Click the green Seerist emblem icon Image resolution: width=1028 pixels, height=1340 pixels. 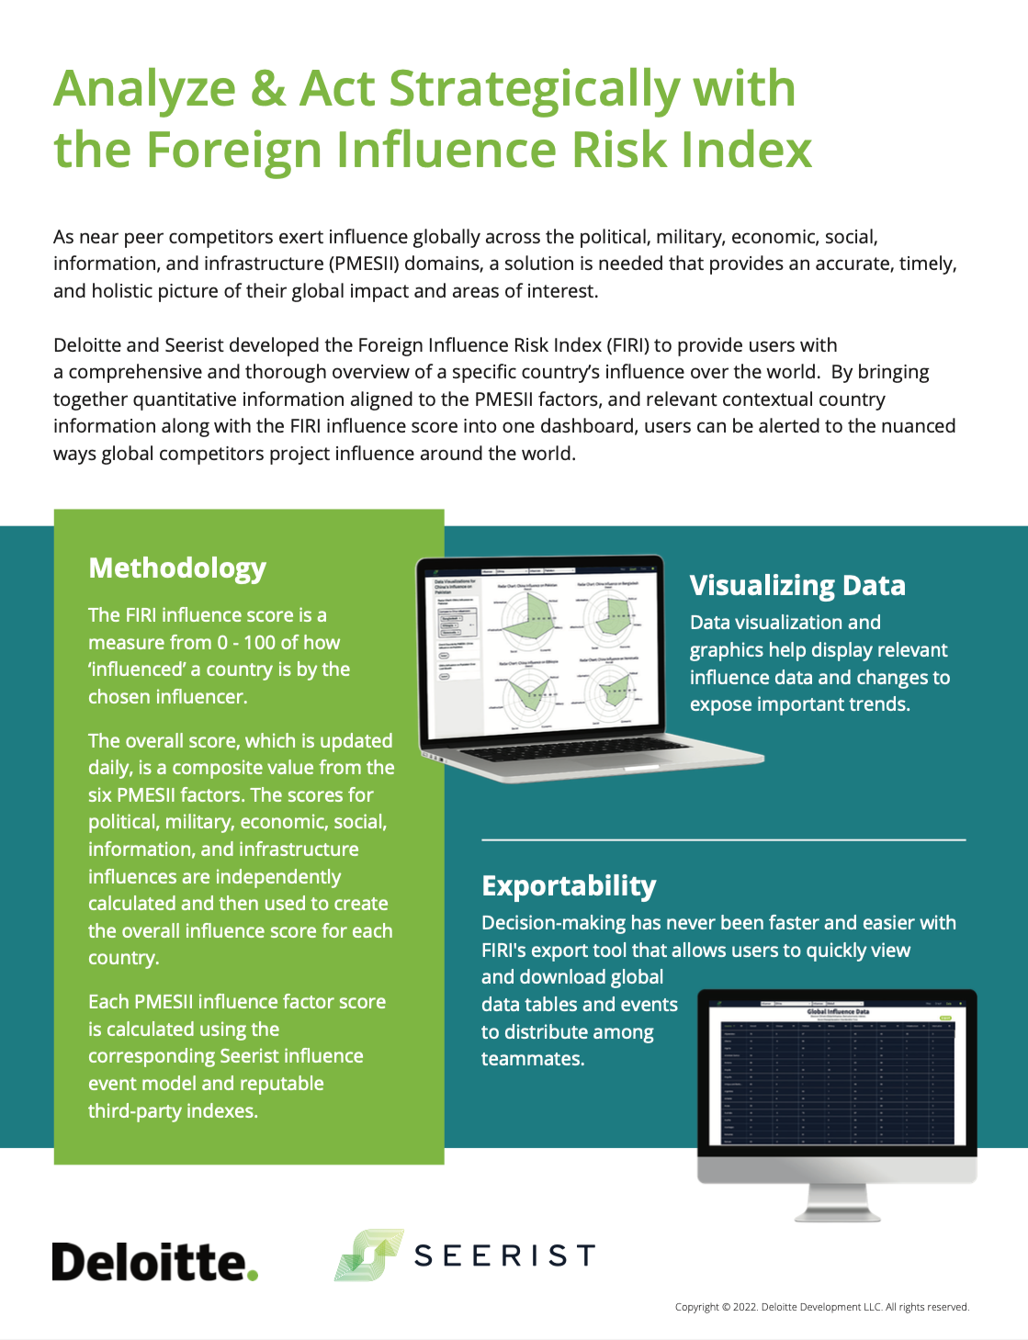tap(368, 1255)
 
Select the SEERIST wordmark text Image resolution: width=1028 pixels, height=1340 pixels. tap(504, 1256)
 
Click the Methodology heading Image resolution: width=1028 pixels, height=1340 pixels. tap(177, 569)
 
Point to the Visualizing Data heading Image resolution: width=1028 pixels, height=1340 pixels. tap(797, 586)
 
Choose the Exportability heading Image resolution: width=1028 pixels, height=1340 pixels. tap(569, 886)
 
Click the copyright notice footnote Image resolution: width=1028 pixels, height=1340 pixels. tap(821, 1307)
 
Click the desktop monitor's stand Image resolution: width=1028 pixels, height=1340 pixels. tap(836, 1204)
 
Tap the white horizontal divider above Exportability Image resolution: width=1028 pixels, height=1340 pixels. tap(723, 839)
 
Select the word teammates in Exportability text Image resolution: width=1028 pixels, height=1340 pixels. tap(532, 1059)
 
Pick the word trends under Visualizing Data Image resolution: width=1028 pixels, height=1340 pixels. tap(880, 704)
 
